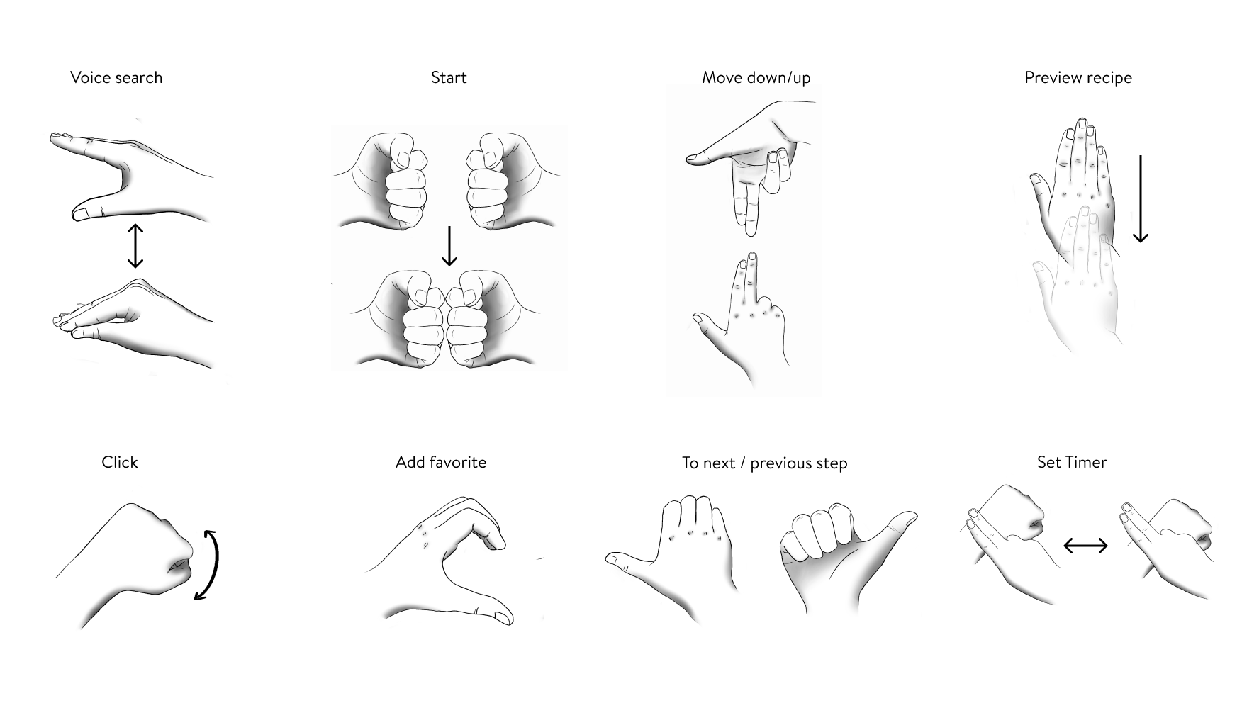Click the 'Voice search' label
coord(116,78)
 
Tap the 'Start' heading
coord(449,78)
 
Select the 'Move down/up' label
coord(756,78)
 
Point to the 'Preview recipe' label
coord(1078,78)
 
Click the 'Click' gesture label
coord(119,463)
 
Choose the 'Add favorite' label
coord(441,463)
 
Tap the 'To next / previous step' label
coord(764,463)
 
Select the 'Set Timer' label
coord(1071,463)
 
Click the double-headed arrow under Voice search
coord(135,246)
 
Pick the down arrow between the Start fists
coord(449,246)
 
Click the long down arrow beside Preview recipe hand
coord(1140,199)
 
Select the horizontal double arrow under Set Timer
coord(1085,545)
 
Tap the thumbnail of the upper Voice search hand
coord(81,213)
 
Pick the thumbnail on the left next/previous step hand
coord(614,560)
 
